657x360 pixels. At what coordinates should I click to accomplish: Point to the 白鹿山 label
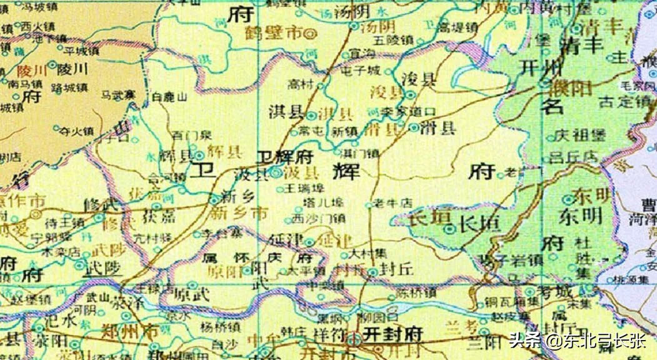tap(170, 97)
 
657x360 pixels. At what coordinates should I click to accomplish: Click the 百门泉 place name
tap(187, 134)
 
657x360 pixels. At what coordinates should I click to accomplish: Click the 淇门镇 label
tap(359, 153)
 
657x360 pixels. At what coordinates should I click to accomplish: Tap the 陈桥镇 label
tap(416, 292)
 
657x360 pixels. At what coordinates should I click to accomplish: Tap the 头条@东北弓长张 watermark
tap(576, 341)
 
